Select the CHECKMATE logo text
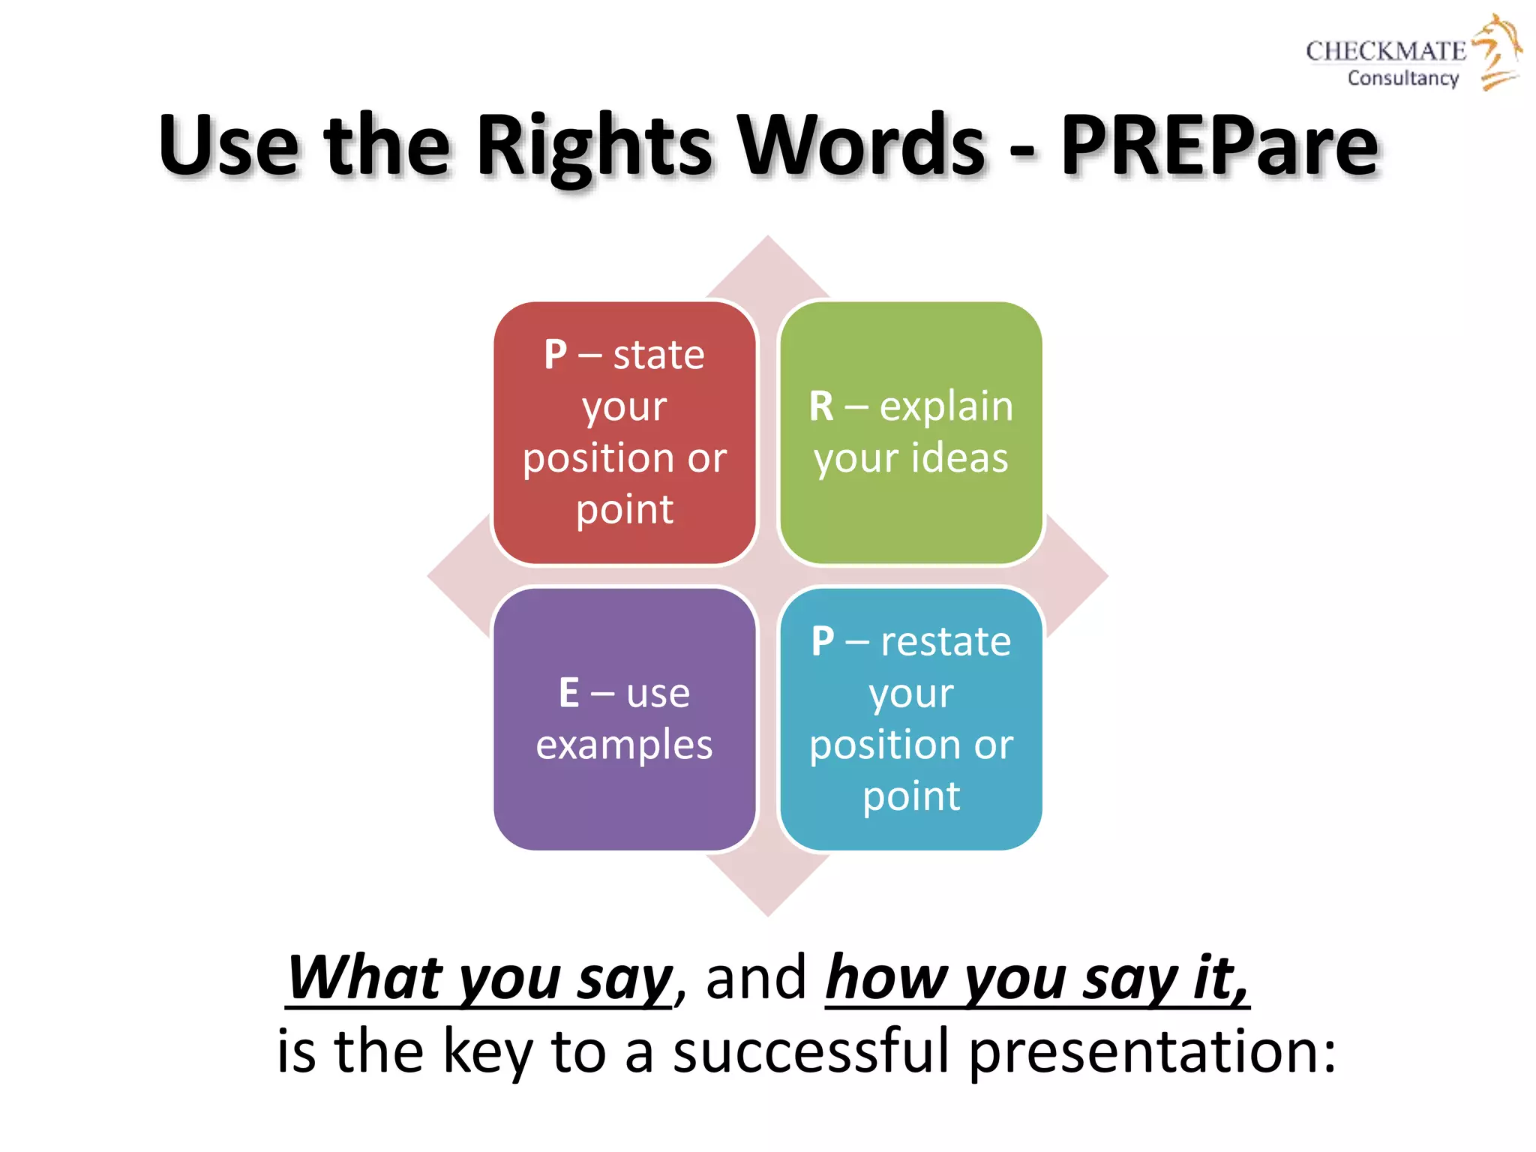click(1385, 51)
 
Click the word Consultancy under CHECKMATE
click(1402, 78)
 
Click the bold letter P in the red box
click(556, 355)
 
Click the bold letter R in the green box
click(821, 407)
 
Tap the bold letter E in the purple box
click(568, 693)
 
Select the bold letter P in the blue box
click(823, 642)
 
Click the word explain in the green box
click(946, 407)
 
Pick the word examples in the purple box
click(624, 745)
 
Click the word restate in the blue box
click(946, 642)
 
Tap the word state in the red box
click(658, 355)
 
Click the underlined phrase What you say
click(480, 979)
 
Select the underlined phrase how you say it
click(1036, 979)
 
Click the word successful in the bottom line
click(811, 1051)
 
